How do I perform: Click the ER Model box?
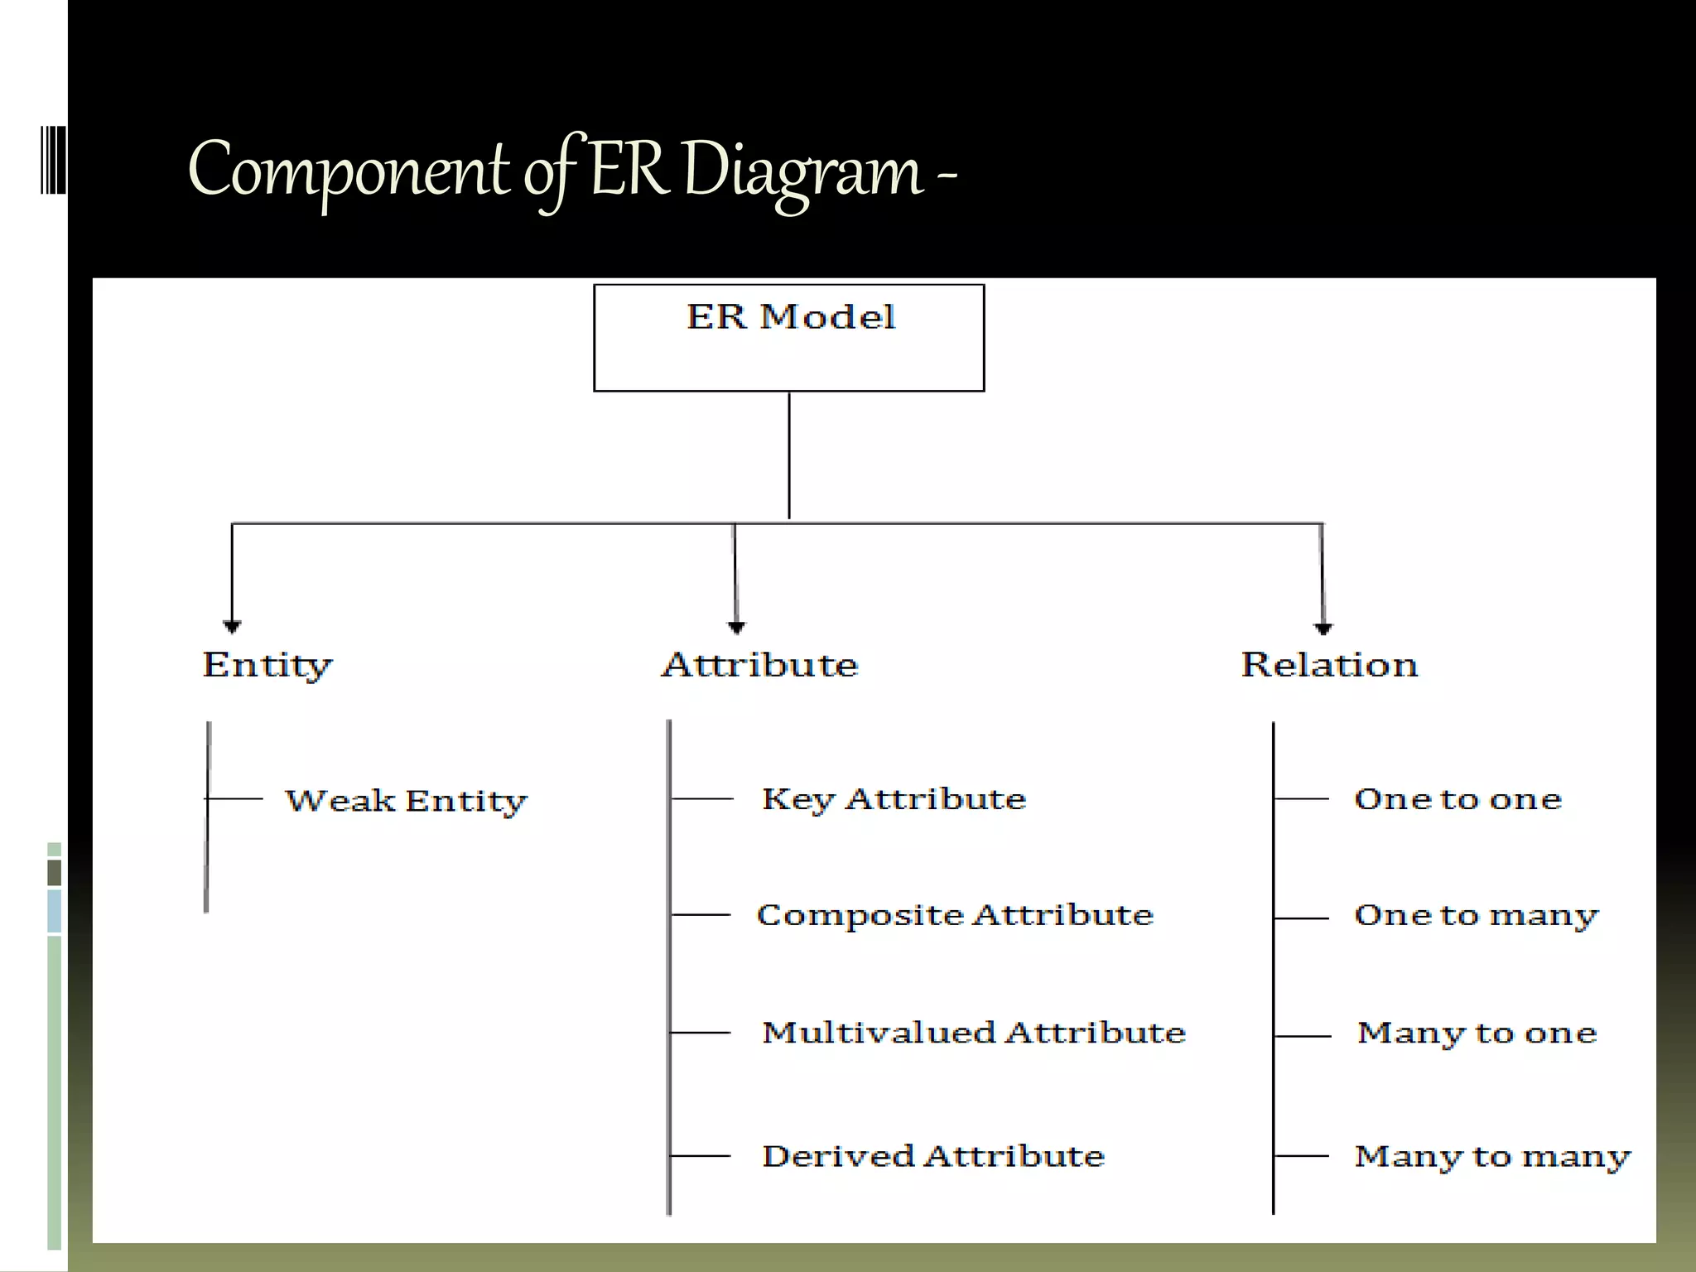(x=788, y=338)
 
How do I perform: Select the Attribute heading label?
(x=759, y=665)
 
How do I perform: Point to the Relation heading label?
(x=1329, y=665)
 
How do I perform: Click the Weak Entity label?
(x=406, y=801)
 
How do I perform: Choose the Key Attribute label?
(x=894, y=799)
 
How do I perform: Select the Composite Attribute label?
(x=955, y=915)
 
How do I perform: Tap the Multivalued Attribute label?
(x=974, y=1033)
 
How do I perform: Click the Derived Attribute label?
(x=933, y=1156)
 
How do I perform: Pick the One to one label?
(x=1457, y=799)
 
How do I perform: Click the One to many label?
(x=1476, y=916)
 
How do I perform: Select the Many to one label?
(x=1477, y=1033)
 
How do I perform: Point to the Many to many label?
(x=1492, y=1157)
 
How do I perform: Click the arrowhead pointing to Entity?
(x=232, y=626)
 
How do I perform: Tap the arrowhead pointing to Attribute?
(x=736, y=627)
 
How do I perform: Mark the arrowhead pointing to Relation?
(x=1323, y=629)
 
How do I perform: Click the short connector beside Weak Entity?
(x=234, y=798)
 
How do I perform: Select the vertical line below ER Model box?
(x=789, y=455)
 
